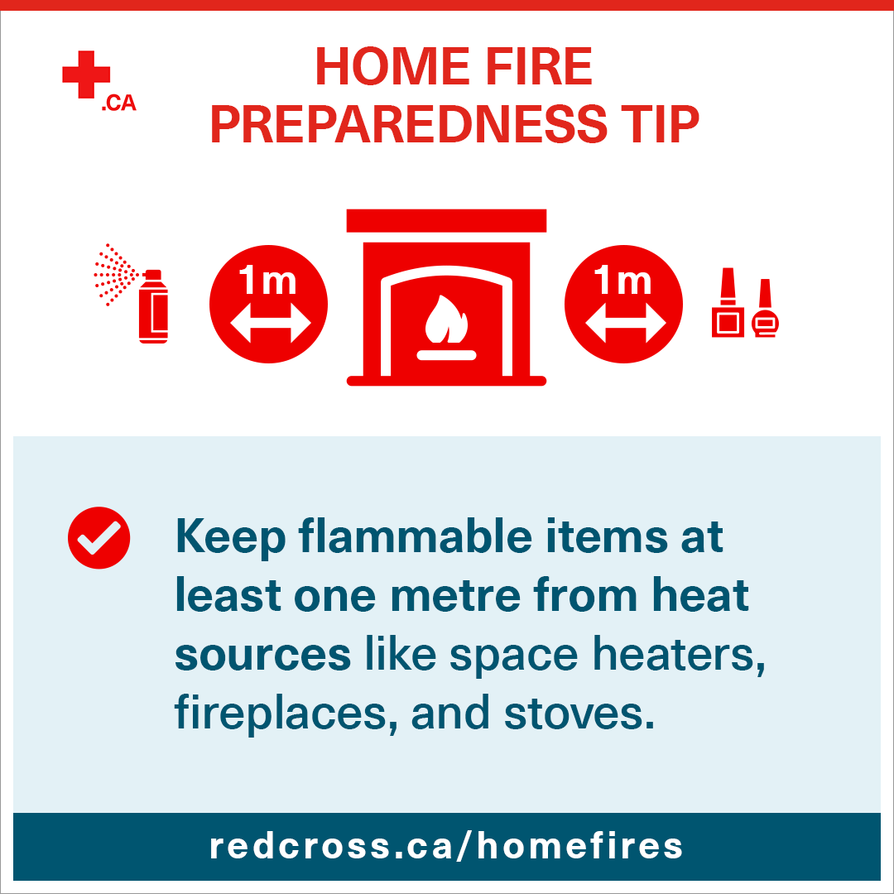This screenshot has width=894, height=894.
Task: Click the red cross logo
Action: click(86, 74)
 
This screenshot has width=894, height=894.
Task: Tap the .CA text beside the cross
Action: click(118, 104)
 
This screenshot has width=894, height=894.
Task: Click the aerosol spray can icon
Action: click(153, 306)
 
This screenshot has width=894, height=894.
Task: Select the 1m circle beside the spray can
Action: click(269, 305)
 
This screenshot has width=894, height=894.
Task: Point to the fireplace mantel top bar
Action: click(446, 220)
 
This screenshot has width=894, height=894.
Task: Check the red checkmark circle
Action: click(99, 537)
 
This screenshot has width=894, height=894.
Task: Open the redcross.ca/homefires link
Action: click(446, 845)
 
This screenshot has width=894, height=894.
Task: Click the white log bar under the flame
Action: click(446, 355)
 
